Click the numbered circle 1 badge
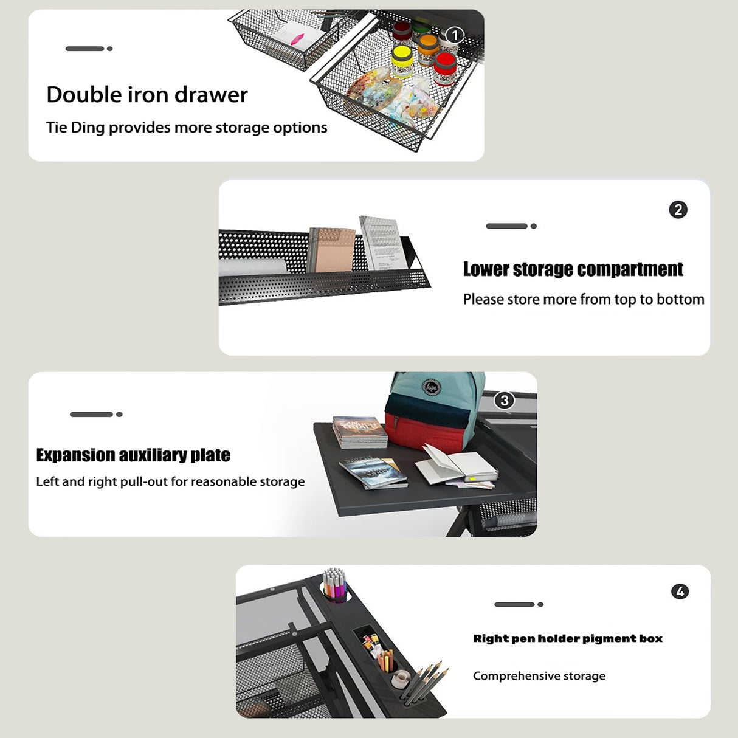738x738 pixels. pyautogui.click(x=455, y=36)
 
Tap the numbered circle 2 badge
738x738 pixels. pyautogui.click(x=678, y=210)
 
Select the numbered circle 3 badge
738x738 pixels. pyautogui.click(x=505, y=400)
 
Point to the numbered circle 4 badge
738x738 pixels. pyautogui.click(x=680, y=591)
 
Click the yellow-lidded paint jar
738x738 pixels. pyautogui.click(x=402, y=61)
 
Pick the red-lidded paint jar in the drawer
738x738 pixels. pyautogui.click(x=446, y=69)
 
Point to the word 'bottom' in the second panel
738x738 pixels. pyautogui.click(x=681, y=299)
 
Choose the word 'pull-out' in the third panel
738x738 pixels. pyautogui.click(x=144, y=482)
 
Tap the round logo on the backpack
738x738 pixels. pyautogui.click(x=432, y=386)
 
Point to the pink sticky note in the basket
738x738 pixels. pyautogui.click(x=298, y=39)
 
